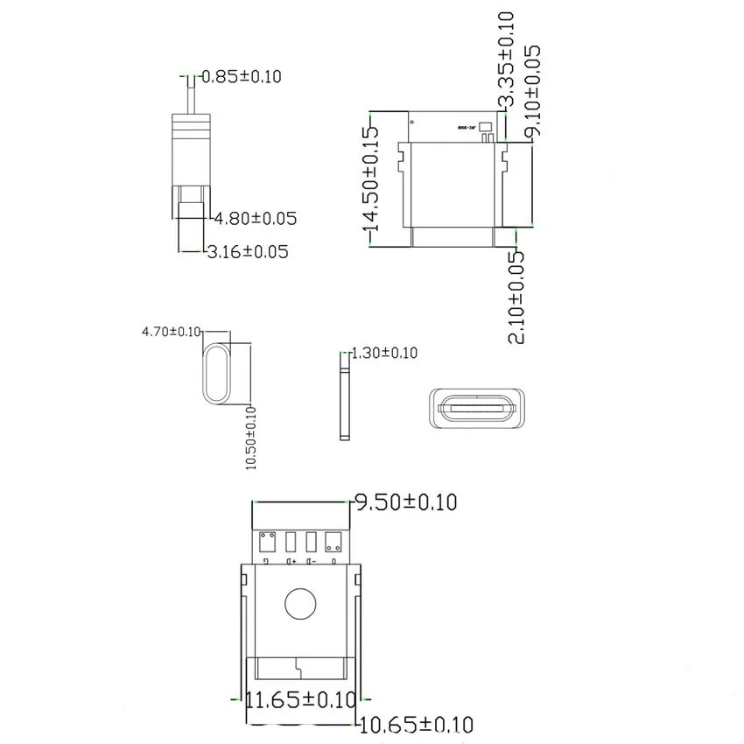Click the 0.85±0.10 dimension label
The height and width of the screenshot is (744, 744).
(x=242, y=76)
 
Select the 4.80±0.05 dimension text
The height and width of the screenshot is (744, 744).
(x=256, y=218)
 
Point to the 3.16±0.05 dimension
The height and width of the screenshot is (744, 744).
(x=248, y=252)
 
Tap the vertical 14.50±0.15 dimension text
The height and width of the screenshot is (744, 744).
(x=370, y=180)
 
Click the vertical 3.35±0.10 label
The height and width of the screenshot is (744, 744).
(x=506, y=60)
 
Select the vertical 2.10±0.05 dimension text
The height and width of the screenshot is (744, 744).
(x=518, y=297)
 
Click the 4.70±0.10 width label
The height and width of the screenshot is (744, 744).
(x=172, y=332)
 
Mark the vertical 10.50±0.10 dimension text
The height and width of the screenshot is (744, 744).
(x=251, y=438)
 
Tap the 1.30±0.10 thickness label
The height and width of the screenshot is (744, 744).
(x=384, y=353)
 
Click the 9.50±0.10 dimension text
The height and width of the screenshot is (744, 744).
(x=404, y=502)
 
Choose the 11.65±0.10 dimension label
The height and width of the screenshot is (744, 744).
(x=301, y=699)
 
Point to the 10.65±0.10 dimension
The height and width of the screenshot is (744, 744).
(x=417, y=725)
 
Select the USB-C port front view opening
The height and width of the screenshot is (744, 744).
(x=479, y=407)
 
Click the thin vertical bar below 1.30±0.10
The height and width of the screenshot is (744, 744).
(x=344, y=403)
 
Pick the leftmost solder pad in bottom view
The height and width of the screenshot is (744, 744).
(x=269, y=539)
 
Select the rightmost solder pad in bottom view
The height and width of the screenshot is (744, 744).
(x=333, y=539)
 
